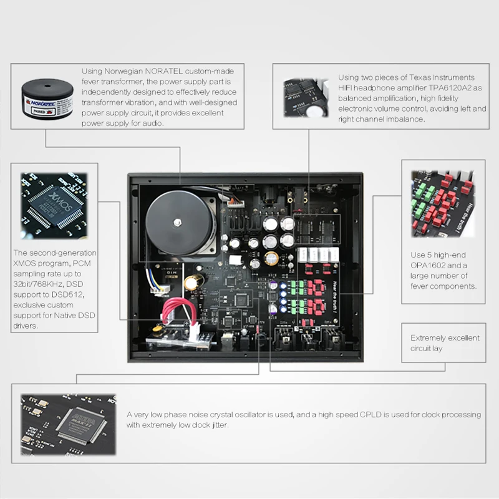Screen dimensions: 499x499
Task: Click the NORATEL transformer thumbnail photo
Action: (47, 99)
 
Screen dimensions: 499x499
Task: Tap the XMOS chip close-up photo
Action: (54, 206)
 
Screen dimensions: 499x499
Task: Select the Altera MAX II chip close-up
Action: (69, 425)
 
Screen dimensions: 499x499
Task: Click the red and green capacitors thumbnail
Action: (443, 204)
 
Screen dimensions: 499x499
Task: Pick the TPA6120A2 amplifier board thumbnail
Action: (306, 98)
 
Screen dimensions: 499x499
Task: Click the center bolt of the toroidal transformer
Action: (177, 223)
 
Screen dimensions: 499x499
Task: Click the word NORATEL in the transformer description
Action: (164, 71)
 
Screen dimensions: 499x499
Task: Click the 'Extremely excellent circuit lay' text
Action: (445, 343)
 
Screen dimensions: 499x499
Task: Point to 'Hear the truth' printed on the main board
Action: (334, 297)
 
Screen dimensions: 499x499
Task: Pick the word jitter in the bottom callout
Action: (220, 425)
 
